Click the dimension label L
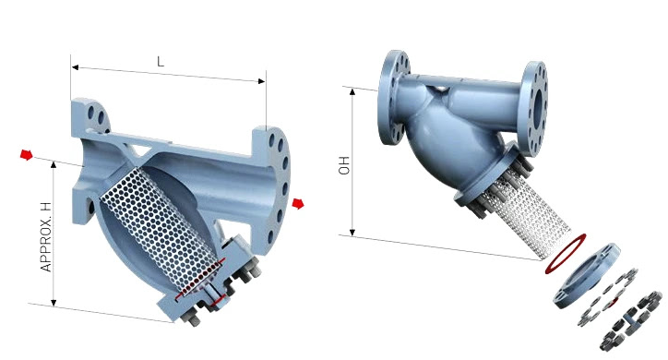[161, 62]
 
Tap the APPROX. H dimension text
[46, 237]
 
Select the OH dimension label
[344, 165]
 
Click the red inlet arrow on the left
[27, 155]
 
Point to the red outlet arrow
[298, 204]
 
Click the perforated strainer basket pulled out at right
[526, 217]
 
